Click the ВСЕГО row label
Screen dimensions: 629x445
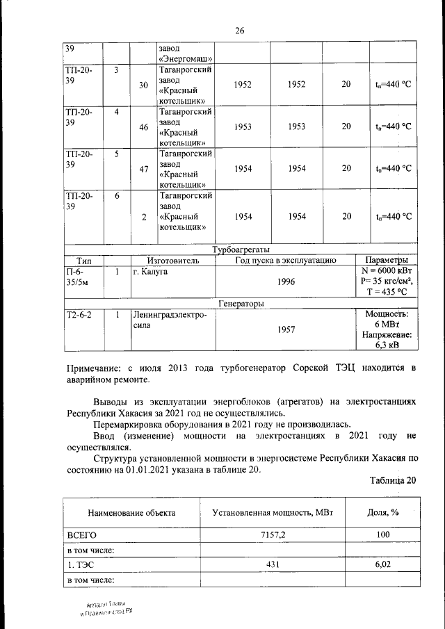point(81,535)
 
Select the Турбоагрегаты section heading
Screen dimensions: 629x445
point(241,250)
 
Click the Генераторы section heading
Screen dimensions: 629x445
point(241,303)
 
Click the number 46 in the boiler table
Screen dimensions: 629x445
point(144,127)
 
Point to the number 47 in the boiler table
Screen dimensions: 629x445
point(144,169)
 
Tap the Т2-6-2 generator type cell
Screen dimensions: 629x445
point(79,315)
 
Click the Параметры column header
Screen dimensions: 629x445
point(387,260)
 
